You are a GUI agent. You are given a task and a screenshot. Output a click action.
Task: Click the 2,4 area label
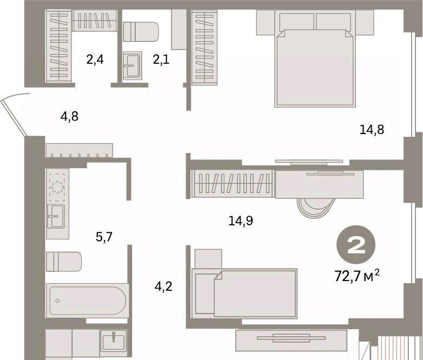[95, 59]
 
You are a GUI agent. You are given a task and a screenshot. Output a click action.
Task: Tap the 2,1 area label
[161, 59]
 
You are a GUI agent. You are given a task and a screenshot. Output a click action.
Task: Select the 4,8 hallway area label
[70, 117]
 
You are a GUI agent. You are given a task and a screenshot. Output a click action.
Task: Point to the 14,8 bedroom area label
[372, 130]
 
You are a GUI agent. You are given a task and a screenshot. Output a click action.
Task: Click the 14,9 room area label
[241, 221]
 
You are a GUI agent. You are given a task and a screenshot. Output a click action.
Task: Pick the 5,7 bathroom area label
[104, 237]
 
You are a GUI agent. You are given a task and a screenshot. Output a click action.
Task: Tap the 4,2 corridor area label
[163, 286]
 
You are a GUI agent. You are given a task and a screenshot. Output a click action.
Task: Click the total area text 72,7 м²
[357, 276]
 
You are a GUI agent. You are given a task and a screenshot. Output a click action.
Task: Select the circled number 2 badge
[356, 244]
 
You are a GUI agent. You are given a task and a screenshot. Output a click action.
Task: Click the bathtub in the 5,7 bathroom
[86, 300]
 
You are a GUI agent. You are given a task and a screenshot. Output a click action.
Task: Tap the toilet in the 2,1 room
[141, 32]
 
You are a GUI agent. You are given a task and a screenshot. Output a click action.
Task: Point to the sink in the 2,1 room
[132, 65]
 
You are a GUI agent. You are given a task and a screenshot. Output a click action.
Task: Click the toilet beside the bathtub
[64, 262]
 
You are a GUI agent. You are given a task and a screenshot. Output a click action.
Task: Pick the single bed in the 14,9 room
[244, 294]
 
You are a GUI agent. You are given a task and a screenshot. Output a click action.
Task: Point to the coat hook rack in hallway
[80, 150]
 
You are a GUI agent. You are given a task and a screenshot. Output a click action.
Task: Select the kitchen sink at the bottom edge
[113, 343]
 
